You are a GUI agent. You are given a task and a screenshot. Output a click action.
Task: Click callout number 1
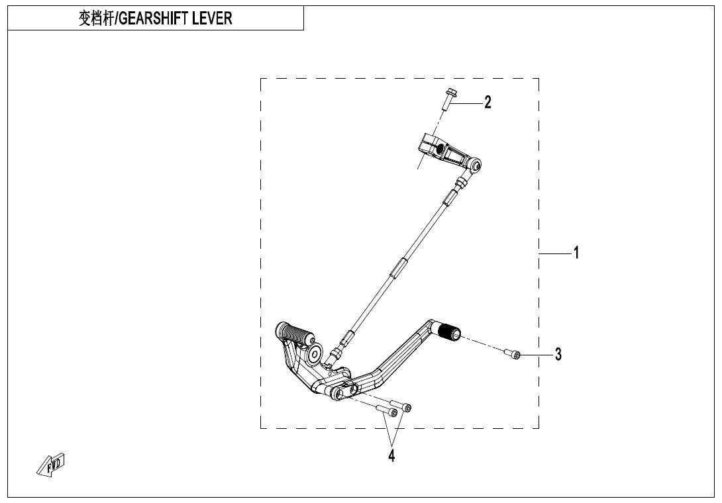[x=576, y=253]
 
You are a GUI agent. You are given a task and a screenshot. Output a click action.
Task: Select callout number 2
[x=488, y=102]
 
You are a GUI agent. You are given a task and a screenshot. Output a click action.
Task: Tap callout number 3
[x=558, y=354]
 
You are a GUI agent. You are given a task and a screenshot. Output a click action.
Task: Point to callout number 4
[x=391, y=455]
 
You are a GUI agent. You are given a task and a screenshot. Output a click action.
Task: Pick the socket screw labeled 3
[x=513, y=353]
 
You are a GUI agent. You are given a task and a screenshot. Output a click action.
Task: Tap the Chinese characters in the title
[x=96, y=19]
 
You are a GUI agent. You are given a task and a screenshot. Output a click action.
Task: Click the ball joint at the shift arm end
[x=476, y=164]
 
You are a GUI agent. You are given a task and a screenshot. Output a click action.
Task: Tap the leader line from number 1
[x=555, y=253]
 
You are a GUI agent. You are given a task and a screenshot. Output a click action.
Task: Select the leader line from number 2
[x=466, y=103]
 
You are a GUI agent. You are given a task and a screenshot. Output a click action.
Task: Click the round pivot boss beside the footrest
[x=315, y=354]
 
